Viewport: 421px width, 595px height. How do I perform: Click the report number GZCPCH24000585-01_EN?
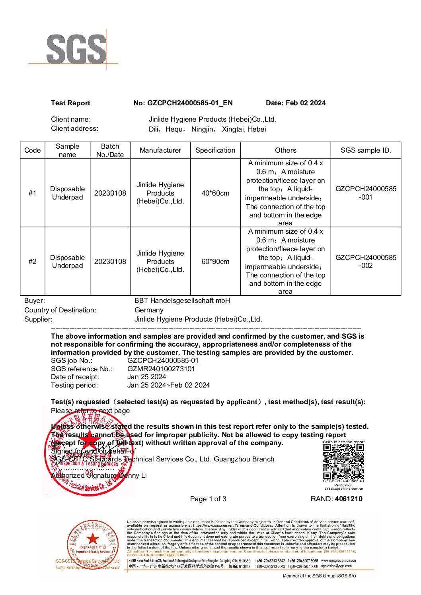coord(190,103)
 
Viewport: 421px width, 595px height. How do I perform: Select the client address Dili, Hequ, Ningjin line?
coord(207,129)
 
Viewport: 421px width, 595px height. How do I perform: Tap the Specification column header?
coord(215,150)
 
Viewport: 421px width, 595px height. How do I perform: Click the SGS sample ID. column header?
coord(366,150)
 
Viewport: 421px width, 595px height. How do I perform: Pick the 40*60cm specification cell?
coord(215,193)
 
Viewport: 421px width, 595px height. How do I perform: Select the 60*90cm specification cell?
coord(215,262)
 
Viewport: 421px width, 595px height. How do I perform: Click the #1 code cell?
coord(32,193)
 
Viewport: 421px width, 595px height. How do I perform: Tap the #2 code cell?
coord(32,262)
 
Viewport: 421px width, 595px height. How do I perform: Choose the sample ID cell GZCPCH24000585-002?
coord(366,262)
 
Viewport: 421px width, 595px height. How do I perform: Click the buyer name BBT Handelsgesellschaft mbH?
coord(182,301)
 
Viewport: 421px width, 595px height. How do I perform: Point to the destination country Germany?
coord(149,310)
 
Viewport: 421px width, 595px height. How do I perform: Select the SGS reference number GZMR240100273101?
coord(161,369)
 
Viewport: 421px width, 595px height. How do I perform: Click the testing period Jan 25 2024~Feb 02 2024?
coord(168,385)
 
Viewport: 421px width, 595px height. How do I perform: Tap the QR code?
coord(343,461)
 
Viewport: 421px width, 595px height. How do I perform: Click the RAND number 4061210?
coord(349,499)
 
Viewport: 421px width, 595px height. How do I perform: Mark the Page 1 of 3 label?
coord(208,499)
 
